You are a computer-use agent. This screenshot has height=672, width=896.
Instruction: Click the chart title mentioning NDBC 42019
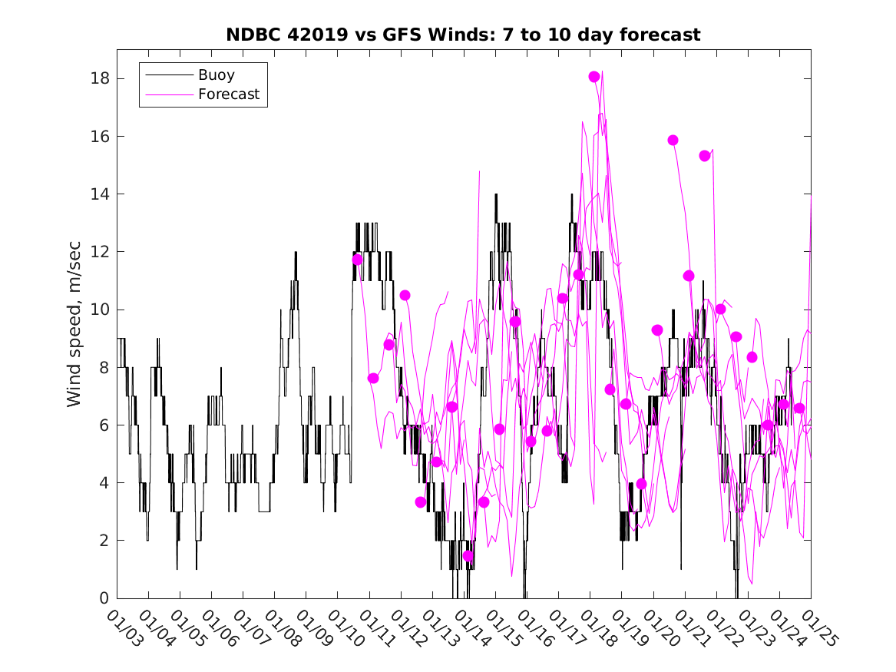463,35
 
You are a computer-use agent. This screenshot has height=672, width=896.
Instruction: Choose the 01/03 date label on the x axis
125,628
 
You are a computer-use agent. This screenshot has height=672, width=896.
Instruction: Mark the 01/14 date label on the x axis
472,628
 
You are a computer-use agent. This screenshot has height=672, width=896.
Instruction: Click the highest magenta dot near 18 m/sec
594,77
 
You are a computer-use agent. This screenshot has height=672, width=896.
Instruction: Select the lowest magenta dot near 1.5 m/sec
468,556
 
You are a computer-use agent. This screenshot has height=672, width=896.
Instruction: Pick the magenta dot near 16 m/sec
673,141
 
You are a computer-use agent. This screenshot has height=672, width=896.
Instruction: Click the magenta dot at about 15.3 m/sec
705,156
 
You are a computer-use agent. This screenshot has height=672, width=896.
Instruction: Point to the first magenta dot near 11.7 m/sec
358,260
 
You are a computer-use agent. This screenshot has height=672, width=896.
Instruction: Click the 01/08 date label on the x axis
283,628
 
